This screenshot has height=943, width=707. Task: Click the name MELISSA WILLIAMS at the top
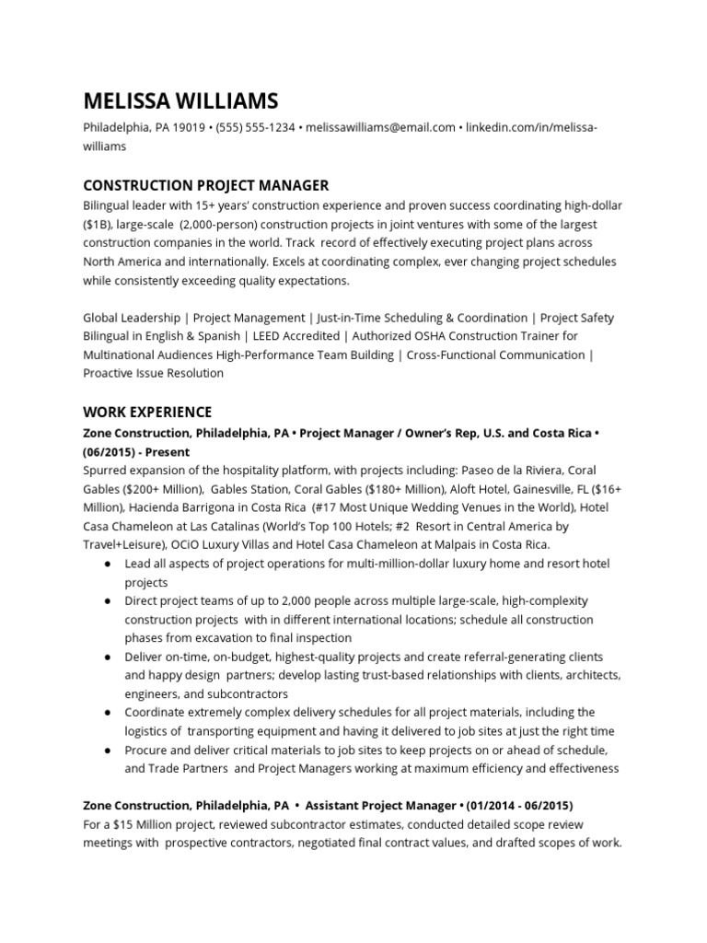[180, 100]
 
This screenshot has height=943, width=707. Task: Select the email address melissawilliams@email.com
[380, 128]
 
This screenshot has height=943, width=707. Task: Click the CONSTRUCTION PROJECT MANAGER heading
[205, 186]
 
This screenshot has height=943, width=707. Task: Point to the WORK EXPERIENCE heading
[147, 412]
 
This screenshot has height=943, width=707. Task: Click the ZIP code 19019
[189, 128]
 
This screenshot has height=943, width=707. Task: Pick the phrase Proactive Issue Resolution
[153, 373]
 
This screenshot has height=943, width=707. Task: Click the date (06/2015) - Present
[136, 452]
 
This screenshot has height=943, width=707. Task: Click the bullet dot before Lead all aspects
[108, 564]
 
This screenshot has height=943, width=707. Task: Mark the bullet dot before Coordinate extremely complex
[108, 712]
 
